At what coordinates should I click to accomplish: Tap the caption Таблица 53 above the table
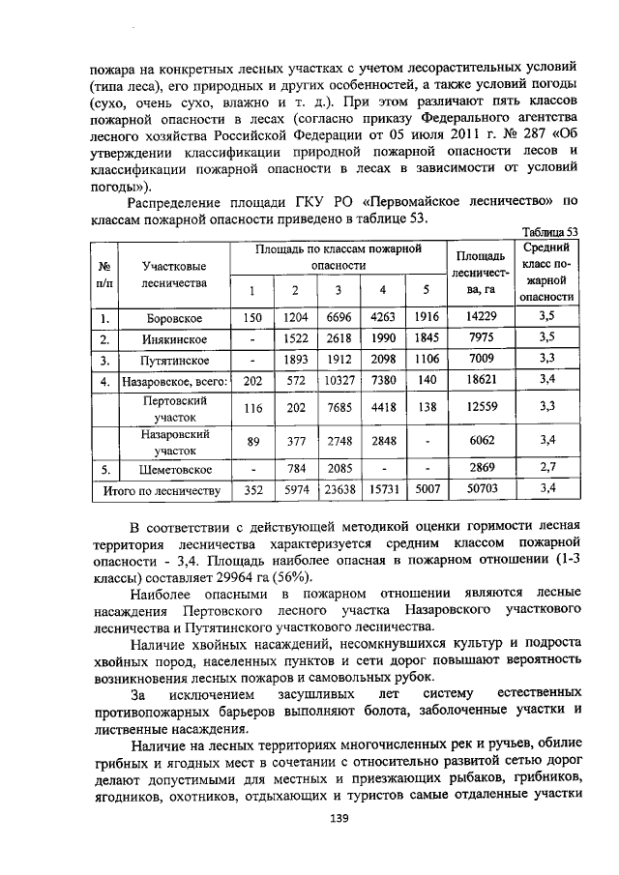coord(549,232)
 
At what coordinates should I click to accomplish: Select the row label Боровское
coord(173,317)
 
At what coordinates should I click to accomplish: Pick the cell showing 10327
coord(339,380)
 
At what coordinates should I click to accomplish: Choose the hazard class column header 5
coord(426,291)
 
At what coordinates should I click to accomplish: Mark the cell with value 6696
coord(339,317)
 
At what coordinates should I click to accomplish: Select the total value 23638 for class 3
coord(339,489)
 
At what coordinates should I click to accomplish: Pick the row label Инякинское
coord(173,338)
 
